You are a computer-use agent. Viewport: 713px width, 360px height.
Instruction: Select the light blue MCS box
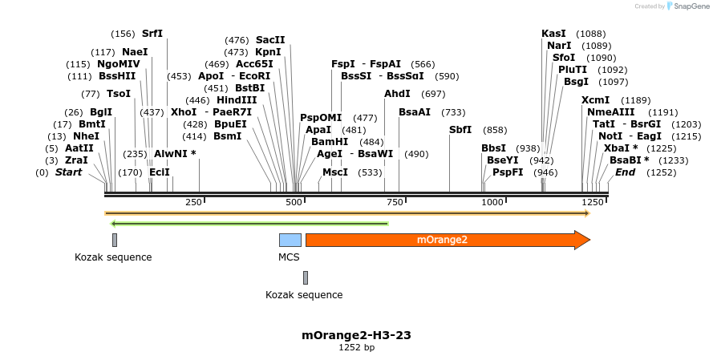click(290, 240)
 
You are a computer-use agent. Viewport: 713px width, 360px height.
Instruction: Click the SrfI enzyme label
click(152, 34)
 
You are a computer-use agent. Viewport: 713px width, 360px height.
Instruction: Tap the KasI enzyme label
click(553, 34)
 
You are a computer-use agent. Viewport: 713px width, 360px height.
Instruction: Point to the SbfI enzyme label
click(460, 130)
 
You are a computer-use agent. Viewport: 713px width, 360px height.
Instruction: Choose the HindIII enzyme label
click(237, 100)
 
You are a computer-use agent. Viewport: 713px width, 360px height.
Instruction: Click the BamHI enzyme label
click(329, 141)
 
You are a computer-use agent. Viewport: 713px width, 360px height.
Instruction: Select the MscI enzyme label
click(334, 172)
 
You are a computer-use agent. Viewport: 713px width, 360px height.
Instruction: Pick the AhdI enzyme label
click(397, 94)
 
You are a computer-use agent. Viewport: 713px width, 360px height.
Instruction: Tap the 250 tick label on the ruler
click(193, 202)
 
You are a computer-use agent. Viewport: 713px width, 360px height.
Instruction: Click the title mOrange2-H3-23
click(356, 334)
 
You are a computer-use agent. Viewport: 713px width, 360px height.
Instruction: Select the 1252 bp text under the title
click(356, 347)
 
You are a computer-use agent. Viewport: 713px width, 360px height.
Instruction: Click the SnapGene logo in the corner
click(685, 6)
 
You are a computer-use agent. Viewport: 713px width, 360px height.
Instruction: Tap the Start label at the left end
click(68, 172)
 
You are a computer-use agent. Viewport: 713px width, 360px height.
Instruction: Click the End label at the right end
click(626, 172)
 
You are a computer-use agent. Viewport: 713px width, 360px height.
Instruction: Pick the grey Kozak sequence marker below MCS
click(306, 277)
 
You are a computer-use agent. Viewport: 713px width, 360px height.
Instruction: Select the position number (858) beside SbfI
click(495, 130)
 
